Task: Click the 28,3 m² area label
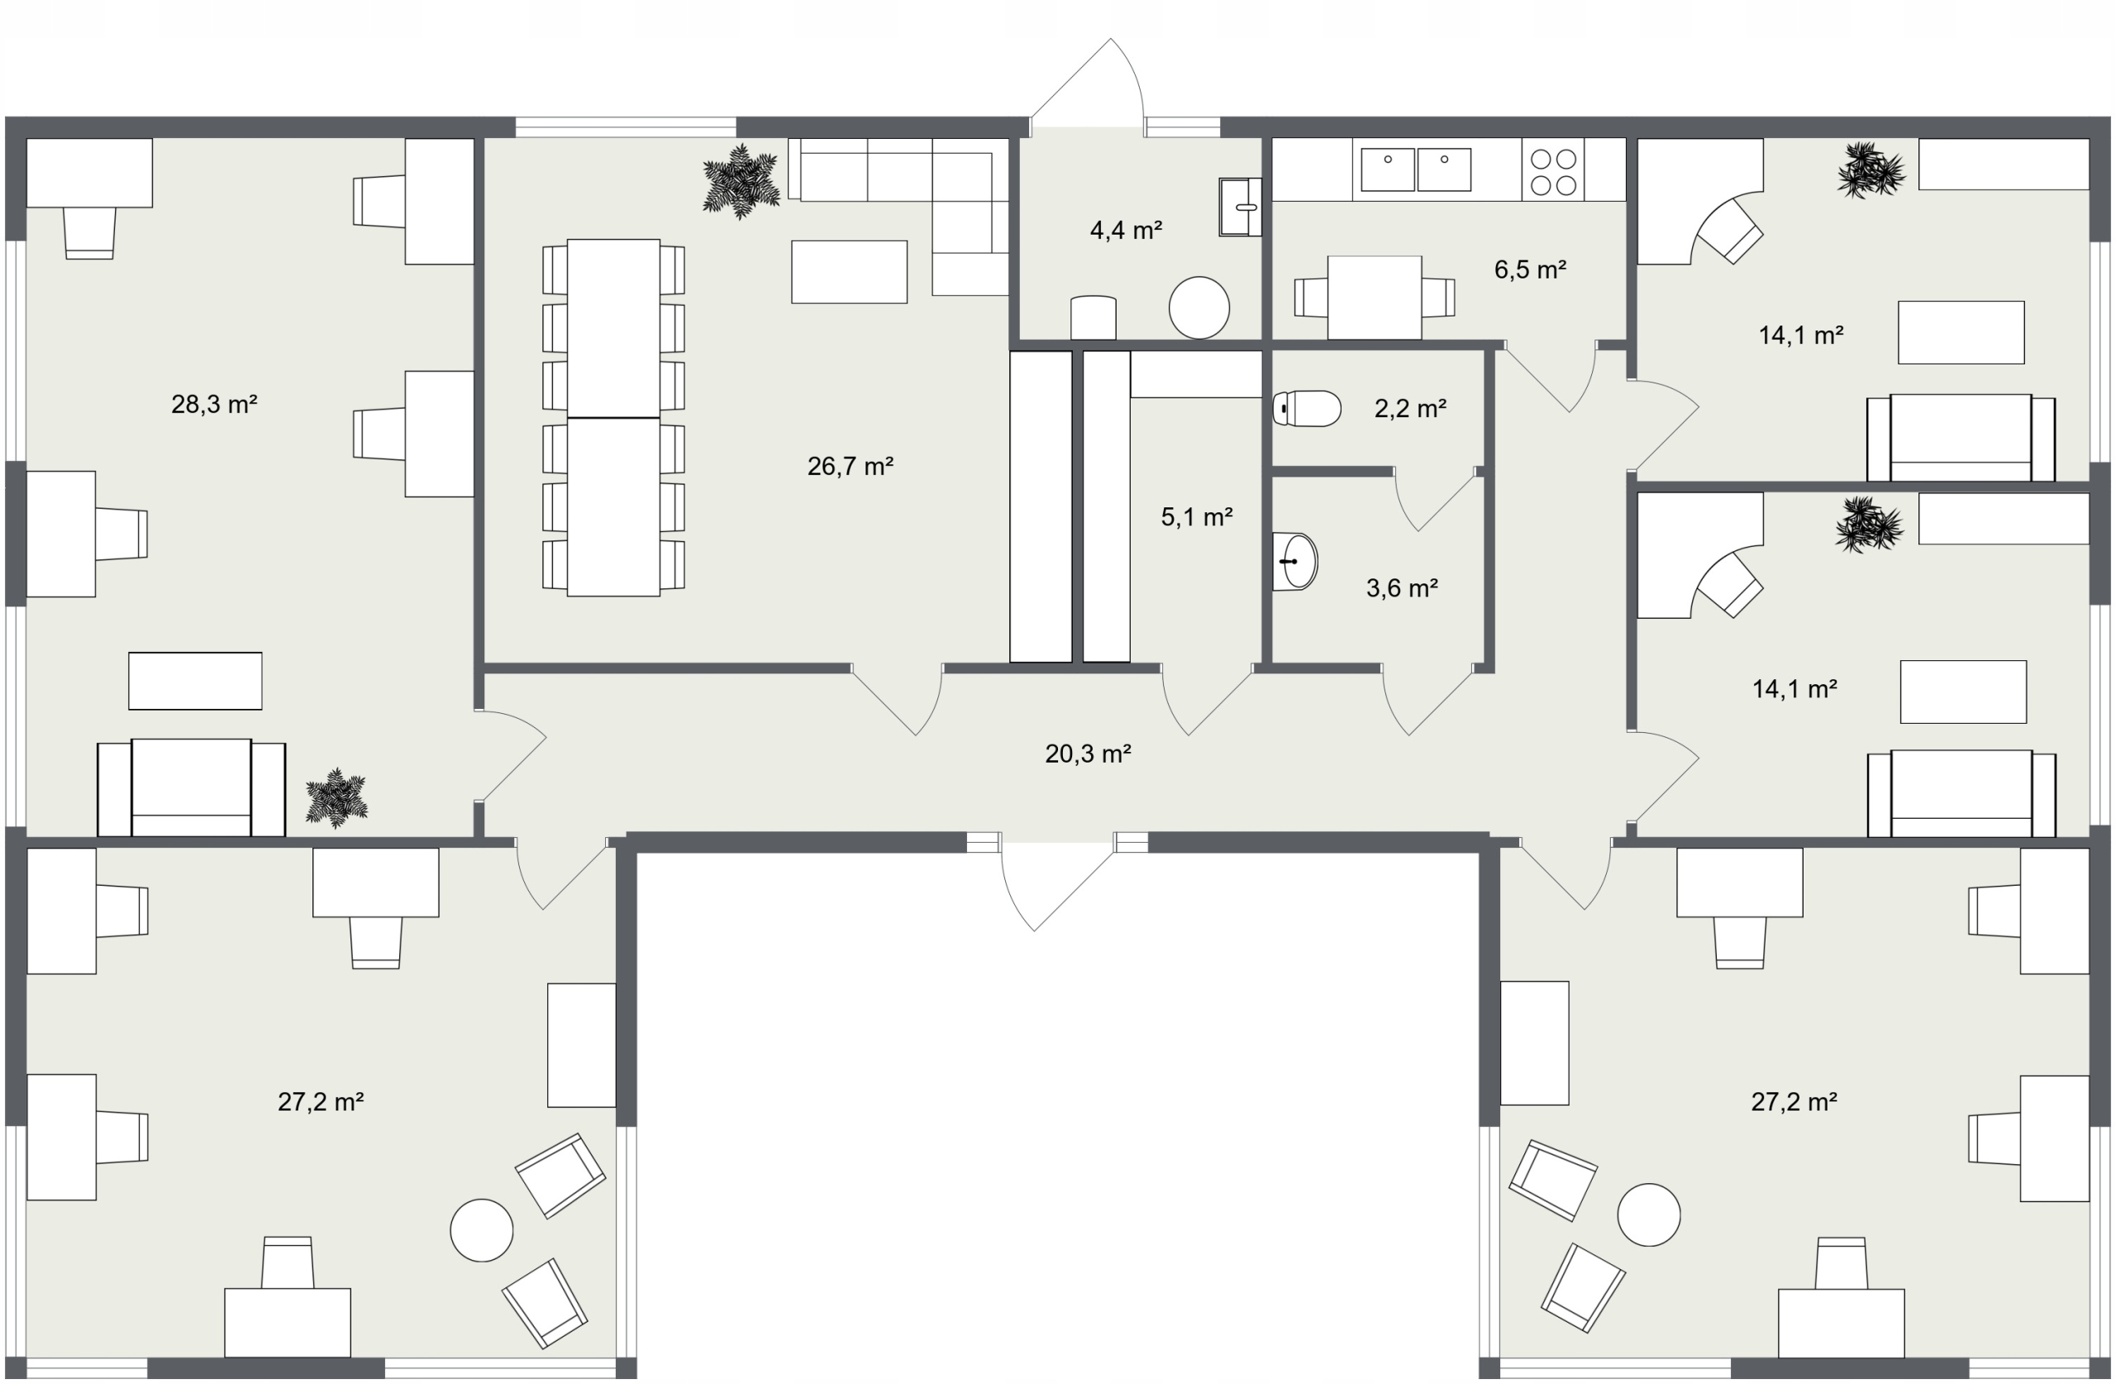(214, 404)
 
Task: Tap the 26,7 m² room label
(850, 466)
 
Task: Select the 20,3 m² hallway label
(1087, 754)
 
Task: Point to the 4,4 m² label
(1126, 231)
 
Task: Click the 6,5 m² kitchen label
(1529, 269)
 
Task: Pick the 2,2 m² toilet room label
(1410, 408)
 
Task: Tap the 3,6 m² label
(1402, 587)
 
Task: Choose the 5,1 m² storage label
(1197, 516)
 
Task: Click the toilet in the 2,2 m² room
(1307, 409)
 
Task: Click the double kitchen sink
(1415, 169)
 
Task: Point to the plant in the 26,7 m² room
(741, 183)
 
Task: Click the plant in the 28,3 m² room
(336, 798)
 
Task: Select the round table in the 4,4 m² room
(1199, 307)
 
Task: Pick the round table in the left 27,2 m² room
(482, 1230)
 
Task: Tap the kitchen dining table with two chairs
(1375, 297)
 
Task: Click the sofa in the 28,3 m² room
(191, 787)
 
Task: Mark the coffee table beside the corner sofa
(849, 272)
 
